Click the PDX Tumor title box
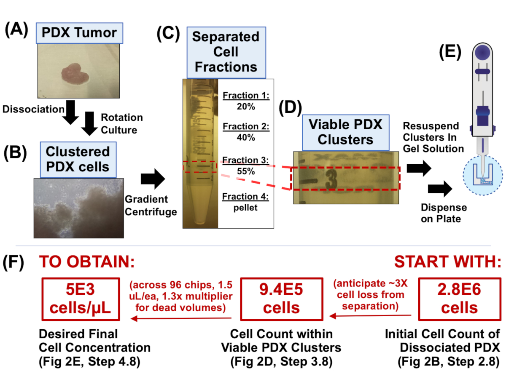click(80, 33)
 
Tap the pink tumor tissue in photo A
click(75, 73)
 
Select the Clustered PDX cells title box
click(78, 159)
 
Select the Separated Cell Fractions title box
click(226, 52)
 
